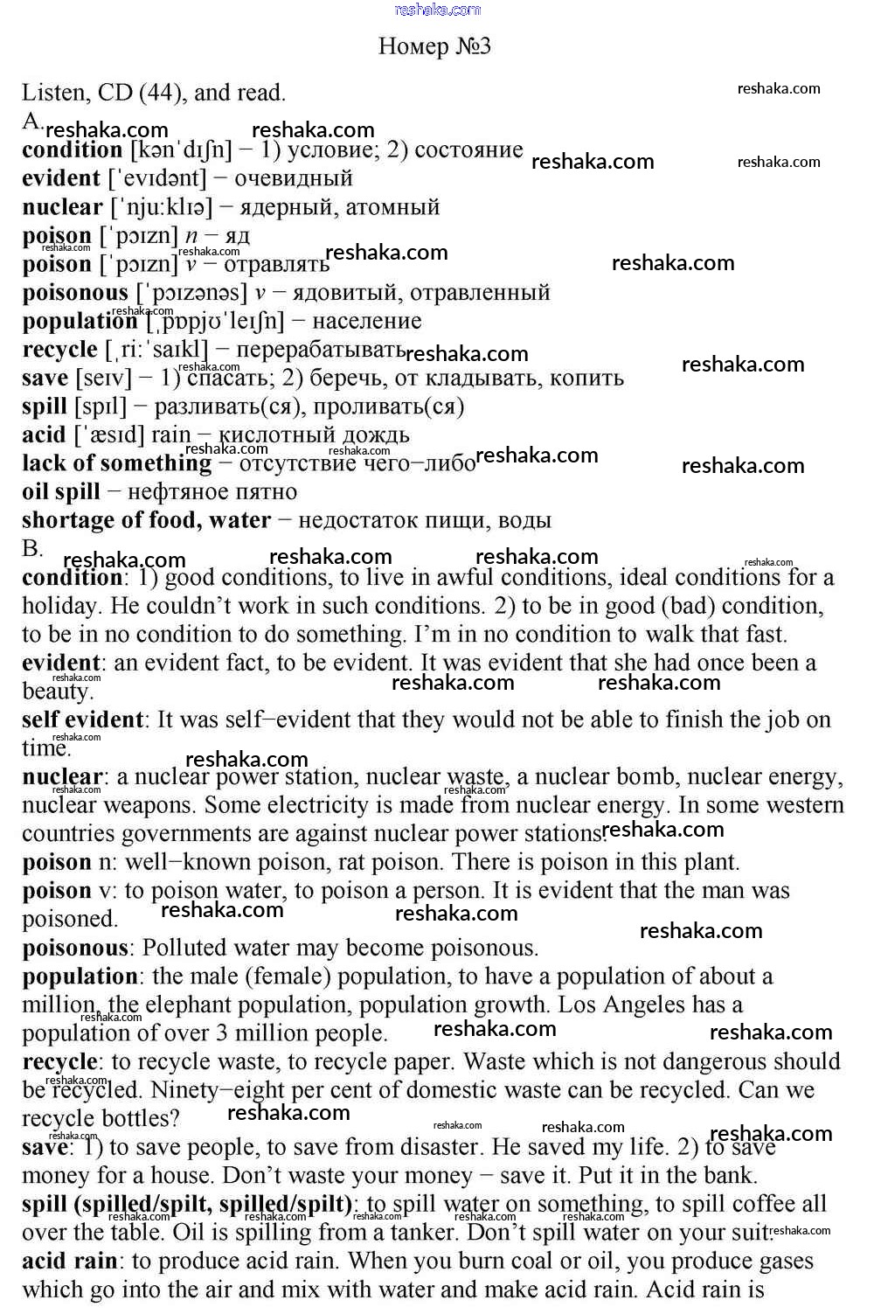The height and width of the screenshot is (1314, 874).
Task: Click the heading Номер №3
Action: click(x=434, y=46)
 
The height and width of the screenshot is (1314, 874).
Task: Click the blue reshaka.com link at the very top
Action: click(x=437, y=10)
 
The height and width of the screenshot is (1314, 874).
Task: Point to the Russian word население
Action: click(x=366, y=321)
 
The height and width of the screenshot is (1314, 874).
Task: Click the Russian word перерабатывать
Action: click(x=321, y=350)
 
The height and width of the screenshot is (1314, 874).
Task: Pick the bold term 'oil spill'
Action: click(x=61, y=491)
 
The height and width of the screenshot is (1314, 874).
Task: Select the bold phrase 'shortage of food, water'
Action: click(x=146, y=520)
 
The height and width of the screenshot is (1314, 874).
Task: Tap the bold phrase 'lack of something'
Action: click(x=116, y=463)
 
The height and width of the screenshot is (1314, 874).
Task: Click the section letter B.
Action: click(x=31, y=549)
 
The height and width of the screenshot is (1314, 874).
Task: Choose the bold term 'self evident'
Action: click(x=82, y=720)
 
